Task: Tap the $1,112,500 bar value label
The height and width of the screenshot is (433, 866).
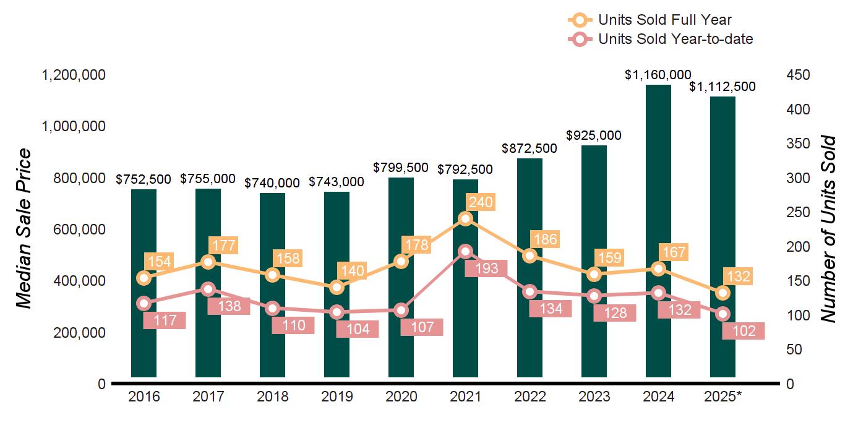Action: point(722,87)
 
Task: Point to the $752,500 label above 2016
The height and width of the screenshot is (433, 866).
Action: point(144,179)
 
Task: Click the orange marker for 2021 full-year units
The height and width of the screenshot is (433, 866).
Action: point(466,218)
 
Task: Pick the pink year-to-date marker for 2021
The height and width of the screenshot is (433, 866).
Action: point(466,251)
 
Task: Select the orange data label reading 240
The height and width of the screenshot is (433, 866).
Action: point(481,202)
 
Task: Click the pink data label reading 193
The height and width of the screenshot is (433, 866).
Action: point(486,269)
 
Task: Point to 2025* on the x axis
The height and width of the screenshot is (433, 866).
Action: point(722,397)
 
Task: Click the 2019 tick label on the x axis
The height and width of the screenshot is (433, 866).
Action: point(337,397)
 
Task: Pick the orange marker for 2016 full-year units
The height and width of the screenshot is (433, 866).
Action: point(144,278)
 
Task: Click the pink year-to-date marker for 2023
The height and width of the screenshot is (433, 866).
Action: point(594,296)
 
